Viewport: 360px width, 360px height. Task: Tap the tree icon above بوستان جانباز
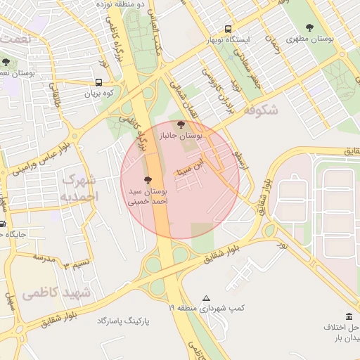(x=182, y=125)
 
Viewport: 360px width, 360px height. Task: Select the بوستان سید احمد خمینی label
(x=148, y=196)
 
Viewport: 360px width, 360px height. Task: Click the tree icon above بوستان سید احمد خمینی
(x=147, y=181)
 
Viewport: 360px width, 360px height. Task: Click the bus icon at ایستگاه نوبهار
(x=227, y=29)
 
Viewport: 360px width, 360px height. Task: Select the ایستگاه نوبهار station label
(x=229, y=41)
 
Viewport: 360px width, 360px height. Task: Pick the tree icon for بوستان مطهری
(x=310, y=27)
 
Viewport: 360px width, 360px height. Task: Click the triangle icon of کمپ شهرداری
(x=206, y=298)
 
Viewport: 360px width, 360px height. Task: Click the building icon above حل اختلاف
(x=349, y=317)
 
